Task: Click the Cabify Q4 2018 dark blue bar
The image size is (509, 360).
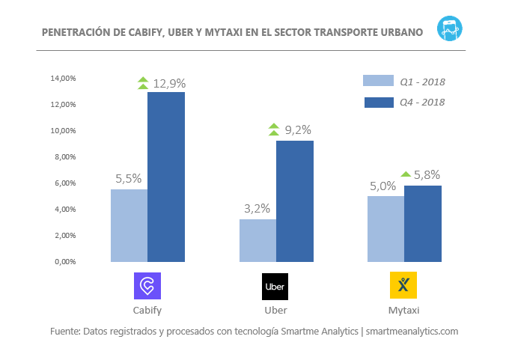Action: click(x=166, y=177)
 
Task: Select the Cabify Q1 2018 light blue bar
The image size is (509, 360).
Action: click(x=129, y=225)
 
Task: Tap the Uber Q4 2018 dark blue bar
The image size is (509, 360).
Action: click(x=295, y=201)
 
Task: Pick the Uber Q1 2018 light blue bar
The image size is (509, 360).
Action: click(x=257, y=240)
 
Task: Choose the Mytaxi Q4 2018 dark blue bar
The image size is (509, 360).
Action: click(x=423, y=224)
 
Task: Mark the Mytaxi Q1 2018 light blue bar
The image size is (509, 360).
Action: click(x=385, y=229)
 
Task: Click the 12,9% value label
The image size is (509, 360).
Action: click(x=169, y=83)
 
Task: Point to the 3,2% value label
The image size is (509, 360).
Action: click(x=257, y=208)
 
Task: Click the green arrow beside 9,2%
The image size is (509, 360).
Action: click(x=274, y=130)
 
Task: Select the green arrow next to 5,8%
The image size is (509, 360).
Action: click(x=405, y=174)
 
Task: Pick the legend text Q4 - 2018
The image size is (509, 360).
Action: click(x=422, y=102)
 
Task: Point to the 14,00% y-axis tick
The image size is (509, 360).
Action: click(x=64, y=79)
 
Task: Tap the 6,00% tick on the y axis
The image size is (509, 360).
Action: click(x=64, y=183)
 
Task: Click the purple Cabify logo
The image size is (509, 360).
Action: click(x=147, y=286)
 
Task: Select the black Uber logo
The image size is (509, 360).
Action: click(x=275, y=286)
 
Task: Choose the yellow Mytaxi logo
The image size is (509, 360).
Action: click(x=403, y=286)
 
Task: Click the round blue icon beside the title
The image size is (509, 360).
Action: click(x=451, y=28)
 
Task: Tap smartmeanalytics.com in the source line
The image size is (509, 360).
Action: click(x=412, y=331)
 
